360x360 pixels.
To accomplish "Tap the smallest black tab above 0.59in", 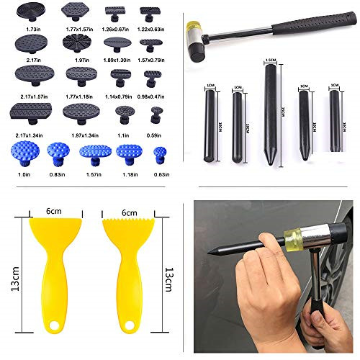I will click(x=153, y=113).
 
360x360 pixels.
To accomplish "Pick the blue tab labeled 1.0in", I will click(x=24, y=151).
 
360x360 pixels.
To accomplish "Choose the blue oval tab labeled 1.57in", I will click(x=94, y=151).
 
